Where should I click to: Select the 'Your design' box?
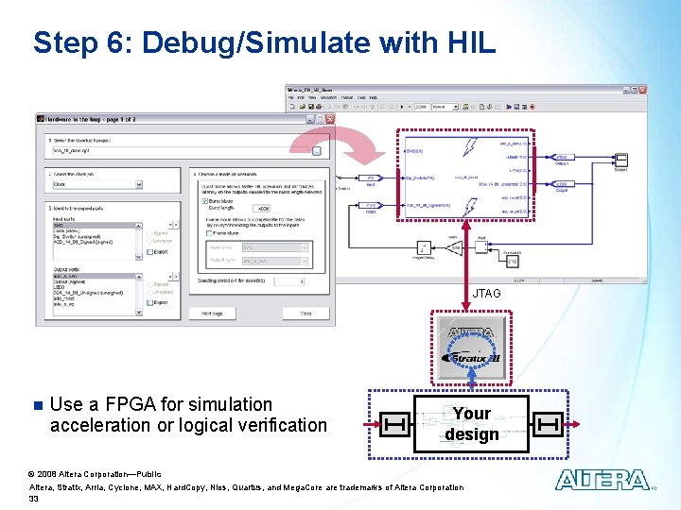(x=471, y=424)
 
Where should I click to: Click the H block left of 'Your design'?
(x=396, y=425)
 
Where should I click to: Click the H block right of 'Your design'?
(x=547, y=425)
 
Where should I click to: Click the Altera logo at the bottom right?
(x=602, y=481)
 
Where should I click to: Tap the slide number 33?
(x=34, y=498)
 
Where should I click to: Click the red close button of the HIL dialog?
(x=330, y=119)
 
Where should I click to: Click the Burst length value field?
(x=263, y=210)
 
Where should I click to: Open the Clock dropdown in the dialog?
(x=94, y=185)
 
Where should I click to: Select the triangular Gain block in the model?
(x=454, y=249)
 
